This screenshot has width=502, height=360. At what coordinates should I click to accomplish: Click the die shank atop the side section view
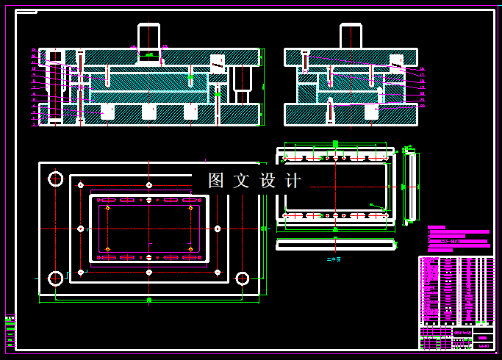[351, 37]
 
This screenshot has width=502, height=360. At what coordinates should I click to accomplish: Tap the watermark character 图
[216, 181]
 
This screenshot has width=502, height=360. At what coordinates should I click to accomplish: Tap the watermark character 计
[293, 181]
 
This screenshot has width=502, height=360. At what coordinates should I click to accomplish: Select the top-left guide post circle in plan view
[56, 179]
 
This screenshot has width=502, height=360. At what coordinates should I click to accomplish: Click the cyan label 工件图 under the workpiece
[334, 259]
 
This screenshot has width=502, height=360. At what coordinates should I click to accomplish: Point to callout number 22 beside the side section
[422, 105]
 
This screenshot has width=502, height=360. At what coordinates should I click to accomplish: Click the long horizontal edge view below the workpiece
[335, 245]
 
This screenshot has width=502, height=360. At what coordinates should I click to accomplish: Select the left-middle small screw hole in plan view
[81, 228]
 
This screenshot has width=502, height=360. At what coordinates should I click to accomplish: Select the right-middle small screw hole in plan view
[218, 228]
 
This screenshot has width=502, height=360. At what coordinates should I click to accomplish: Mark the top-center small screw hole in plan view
[149, 185]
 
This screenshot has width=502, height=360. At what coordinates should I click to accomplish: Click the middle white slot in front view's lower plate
[149, 112]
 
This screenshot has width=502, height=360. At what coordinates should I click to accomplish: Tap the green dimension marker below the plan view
[149, 300]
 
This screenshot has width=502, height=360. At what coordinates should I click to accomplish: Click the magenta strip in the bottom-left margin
[10, 331]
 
